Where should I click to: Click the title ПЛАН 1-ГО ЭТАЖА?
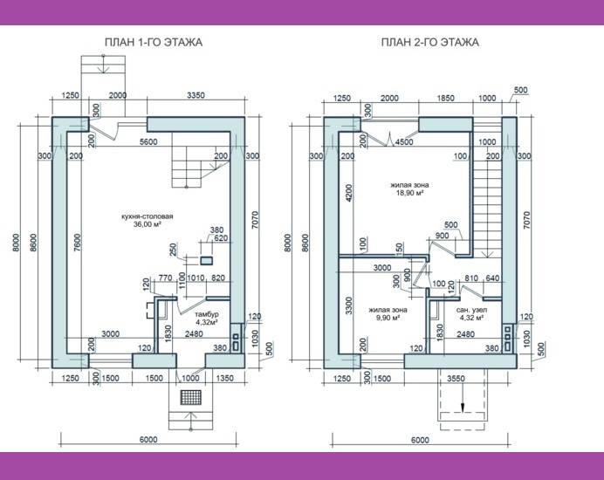coord(154,42)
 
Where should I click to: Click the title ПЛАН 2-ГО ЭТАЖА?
coord(430,42)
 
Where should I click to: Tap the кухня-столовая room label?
coord(148,216)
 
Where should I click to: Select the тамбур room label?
coord(207,314)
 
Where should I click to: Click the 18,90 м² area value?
coord(409,193)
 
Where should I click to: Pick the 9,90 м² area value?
coord(388,318)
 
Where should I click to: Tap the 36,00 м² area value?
coord(148,224)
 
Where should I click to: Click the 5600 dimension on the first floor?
coord(148,141)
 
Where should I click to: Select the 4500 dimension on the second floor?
coord(404,141)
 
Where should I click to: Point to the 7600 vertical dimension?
coord(78,243)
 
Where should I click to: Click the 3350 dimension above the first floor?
coord(196,95)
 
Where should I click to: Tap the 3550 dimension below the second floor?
coord(456,379)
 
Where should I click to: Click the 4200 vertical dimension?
coord(348,194)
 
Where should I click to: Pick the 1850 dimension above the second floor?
coord(445,99)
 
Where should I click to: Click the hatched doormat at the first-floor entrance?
coord(191,397)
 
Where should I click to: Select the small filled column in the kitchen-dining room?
coord(206,261)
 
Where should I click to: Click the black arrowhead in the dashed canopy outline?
coord(463,408)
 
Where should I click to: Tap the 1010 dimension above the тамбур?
coord(196,278)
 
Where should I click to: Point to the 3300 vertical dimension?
coord(349,305)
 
